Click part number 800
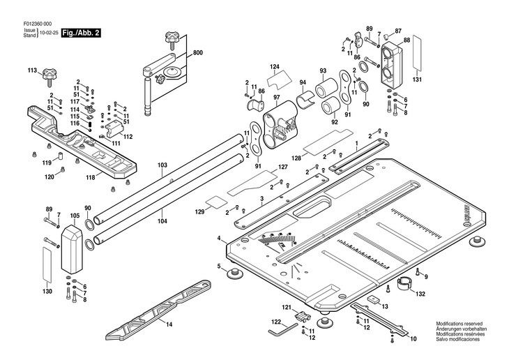click(198, 53)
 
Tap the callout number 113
click(32, 70)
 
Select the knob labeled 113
click(50, 73)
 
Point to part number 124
click(275, 67)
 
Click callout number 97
click(276, 97)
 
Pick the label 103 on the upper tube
click(162, 165)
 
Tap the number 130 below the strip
click(47, 291)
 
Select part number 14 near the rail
click(168, 323)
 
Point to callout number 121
click(286, 307)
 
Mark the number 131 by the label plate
click(417, 80)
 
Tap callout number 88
click(407, 40)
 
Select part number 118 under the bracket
click(90, 179)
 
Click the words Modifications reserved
click(459, 324)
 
